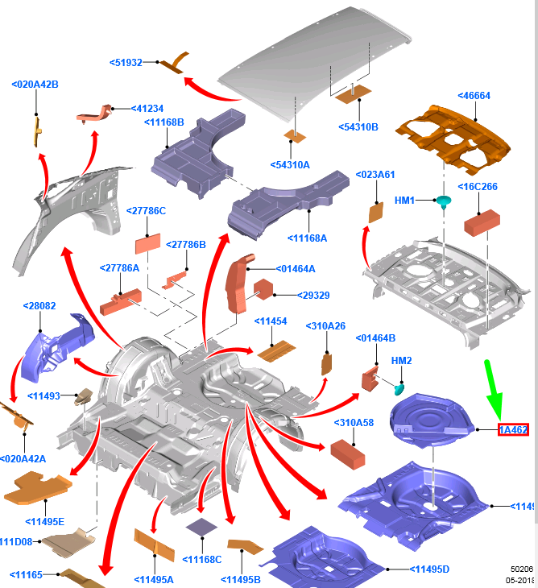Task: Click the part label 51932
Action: [129, 63]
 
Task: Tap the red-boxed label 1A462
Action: [513, 430]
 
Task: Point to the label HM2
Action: [401, 360]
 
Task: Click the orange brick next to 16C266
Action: [482, 220]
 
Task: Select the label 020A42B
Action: [35, 84]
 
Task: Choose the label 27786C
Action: [146, 211]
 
